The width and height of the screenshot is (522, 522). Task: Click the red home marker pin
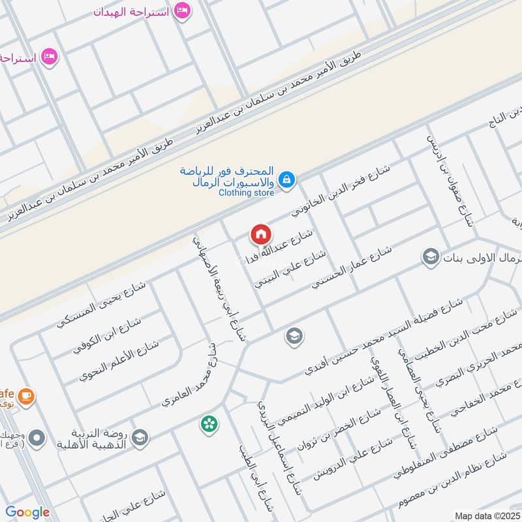pyautogui.click(x=260, y=234)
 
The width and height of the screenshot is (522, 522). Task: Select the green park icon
pyautogui.click(x=209, y=424)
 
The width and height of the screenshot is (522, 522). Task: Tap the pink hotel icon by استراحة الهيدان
pyautogui.click(x=183, y=11)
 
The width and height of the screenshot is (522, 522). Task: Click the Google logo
pyautogui.click(x=27, y=512)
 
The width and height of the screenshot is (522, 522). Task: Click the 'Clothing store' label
pyautogui.click(x=247, y=192)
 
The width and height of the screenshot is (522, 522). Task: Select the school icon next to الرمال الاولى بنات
pyautogui.click(x=430, y=257)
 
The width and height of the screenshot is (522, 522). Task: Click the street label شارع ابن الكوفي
pyautogui.click(x=106, y=334)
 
